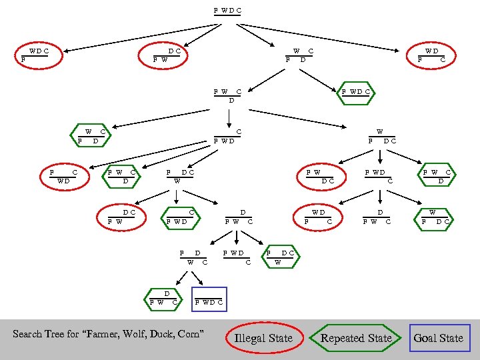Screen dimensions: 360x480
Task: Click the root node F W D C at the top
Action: coord(227,11)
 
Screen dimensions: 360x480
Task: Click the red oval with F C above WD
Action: coord(65,177)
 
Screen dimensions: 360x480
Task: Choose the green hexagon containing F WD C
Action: coord(356,91)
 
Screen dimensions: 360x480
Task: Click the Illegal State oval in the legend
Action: coord(263,338)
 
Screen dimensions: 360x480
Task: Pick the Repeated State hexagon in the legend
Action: coord(356,338)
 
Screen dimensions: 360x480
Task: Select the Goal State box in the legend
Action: coord(439,338)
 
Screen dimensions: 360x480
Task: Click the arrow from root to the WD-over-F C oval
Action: coord(320,35)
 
